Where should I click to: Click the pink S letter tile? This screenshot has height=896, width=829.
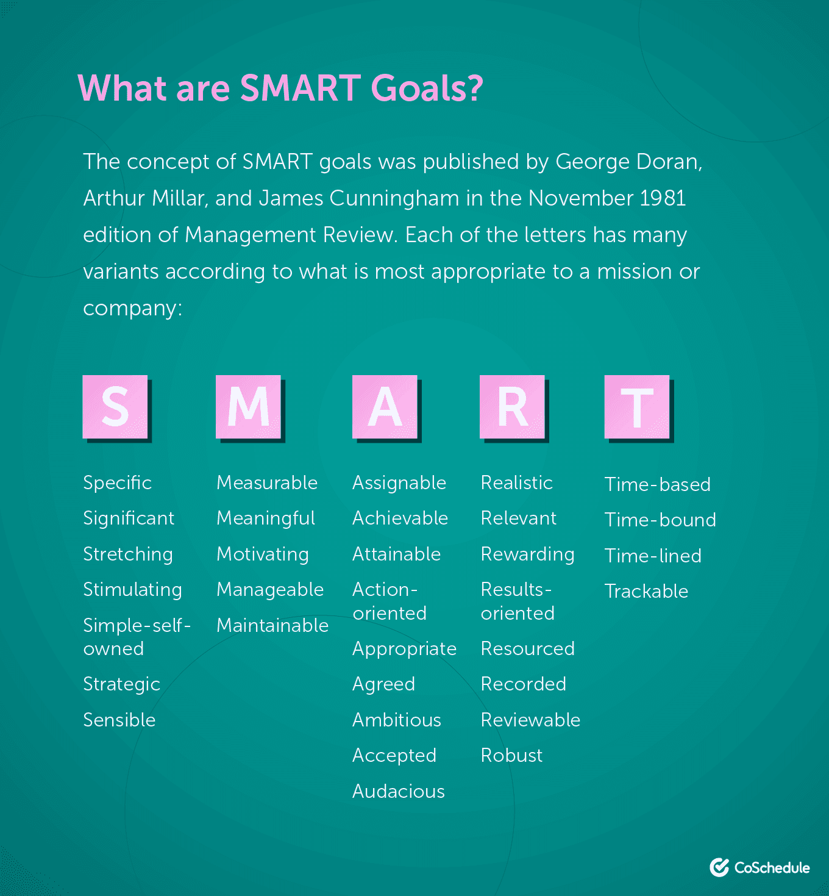click(115, 406)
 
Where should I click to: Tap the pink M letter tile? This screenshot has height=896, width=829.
click(248, 406)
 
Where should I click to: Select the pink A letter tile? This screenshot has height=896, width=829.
click(385, 406)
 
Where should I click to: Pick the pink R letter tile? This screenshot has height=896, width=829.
click(512, 406)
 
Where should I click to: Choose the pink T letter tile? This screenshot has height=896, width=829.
click(637, 406)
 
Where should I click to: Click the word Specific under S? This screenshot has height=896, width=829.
click(117, 483)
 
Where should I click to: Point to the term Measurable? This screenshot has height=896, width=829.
click(267, 483)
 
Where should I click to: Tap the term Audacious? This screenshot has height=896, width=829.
click(399, 792)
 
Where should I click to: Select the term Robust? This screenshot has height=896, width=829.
click(511, 756)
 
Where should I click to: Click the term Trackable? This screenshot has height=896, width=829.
click(646, 592)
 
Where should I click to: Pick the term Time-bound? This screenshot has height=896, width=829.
click(660, 520)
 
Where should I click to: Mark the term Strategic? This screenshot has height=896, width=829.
click(121, 684)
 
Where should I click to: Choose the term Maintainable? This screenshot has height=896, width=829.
click(272, 626)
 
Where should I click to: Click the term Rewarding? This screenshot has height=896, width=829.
click(527, 554)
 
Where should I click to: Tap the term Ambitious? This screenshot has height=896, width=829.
click(397, 720)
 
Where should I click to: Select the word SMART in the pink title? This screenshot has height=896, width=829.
click(300, 88)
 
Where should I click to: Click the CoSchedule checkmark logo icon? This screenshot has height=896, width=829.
click(719, 867)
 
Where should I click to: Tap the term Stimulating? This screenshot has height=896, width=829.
click(132, 590)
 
